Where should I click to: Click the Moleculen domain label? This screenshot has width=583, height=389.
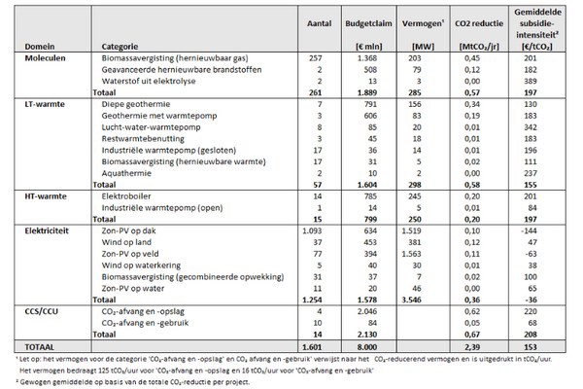coord(31,59)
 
